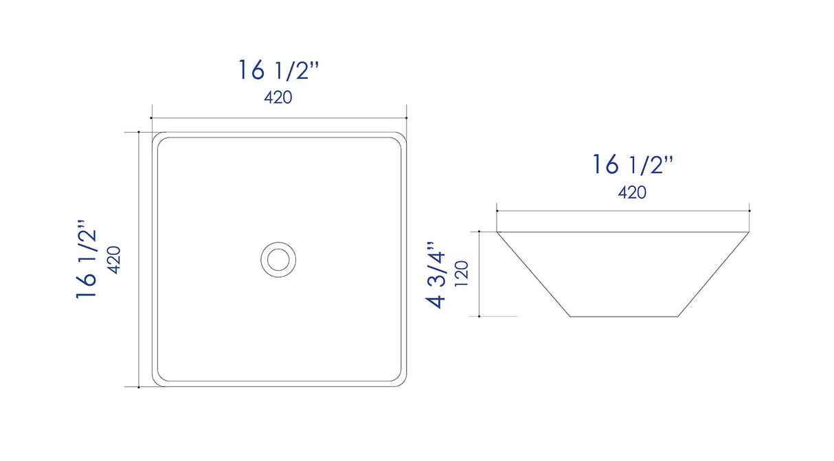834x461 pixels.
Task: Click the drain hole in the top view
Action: [x=278, y=259]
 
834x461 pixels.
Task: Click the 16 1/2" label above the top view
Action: [x=278, y=71]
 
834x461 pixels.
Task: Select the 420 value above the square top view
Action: [x=278, y=98]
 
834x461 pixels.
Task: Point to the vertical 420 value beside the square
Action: [x=114, y=260]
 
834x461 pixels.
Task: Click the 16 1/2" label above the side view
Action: [x=632, y=165]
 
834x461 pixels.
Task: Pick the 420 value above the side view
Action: [x=632, y=192]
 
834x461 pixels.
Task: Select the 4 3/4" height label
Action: [x=437, y=275]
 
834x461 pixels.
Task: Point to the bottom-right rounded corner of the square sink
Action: [x=401, y=382]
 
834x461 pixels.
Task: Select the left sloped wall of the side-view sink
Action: [x=533, y=275]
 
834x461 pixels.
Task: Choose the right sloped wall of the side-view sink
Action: [x=714, y=275]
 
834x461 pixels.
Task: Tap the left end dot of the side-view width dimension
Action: [x=497, y=210]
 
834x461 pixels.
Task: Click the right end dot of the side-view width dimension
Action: [x=750, y=210]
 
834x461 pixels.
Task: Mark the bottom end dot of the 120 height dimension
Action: [x=478, y=317]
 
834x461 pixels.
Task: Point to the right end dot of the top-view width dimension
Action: [x=407, y=118]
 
